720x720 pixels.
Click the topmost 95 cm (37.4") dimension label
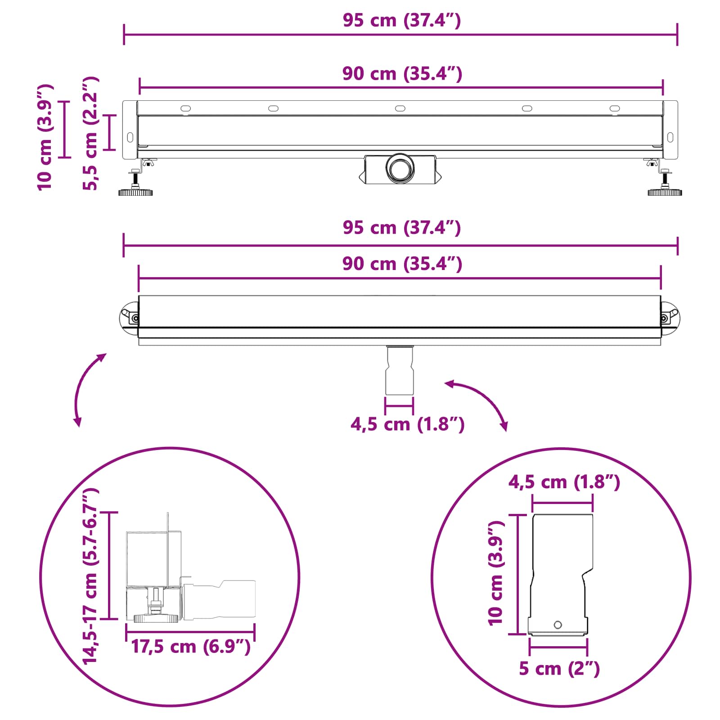coord(401,21)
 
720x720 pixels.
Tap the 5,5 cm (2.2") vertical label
coord(90,133)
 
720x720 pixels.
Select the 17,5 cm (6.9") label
coord(190,647)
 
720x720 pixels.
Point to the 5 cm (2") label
coord(559,669)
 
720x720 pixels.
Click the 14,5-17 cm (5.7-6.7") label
coord(90,576)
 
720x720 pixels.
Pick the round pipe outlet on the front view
coord(400,168)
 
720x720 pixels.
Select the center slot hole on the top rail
coord(400,108)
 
